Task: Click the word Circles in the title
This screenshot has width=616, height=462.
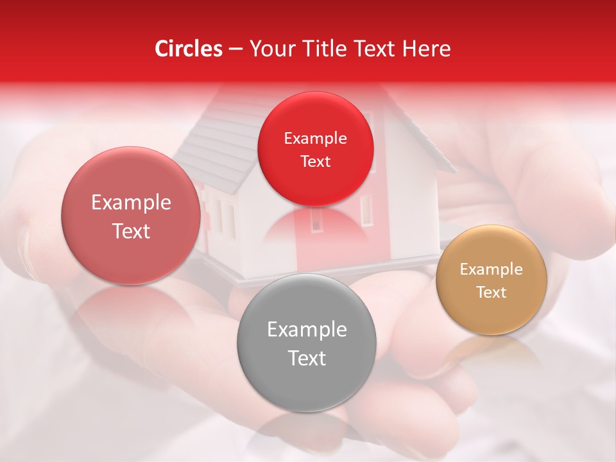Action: click(189, 49)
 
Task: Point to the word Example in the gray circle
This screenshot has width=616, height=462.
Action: click(307, 330)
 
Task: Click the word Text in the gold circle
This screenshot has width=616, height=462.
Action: click(492, 293)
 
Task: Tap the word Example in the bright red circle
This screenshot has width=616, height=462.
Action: click(315, 139)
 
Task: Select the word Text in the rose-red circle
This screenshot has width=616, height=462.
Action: click(131, 232)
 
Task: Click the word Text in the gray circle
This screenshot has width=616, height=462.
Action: click(307, 359)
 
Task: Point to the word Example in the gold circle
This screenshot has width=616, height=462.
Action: click(492, 269)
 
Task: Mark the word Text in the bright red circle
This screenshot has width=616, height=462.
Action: click(315, 162)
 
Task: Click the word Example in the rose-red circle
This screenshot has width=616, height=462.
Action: click(131, 203)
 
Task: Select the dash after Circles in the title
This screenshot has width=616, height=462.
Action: click(235, 49)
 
